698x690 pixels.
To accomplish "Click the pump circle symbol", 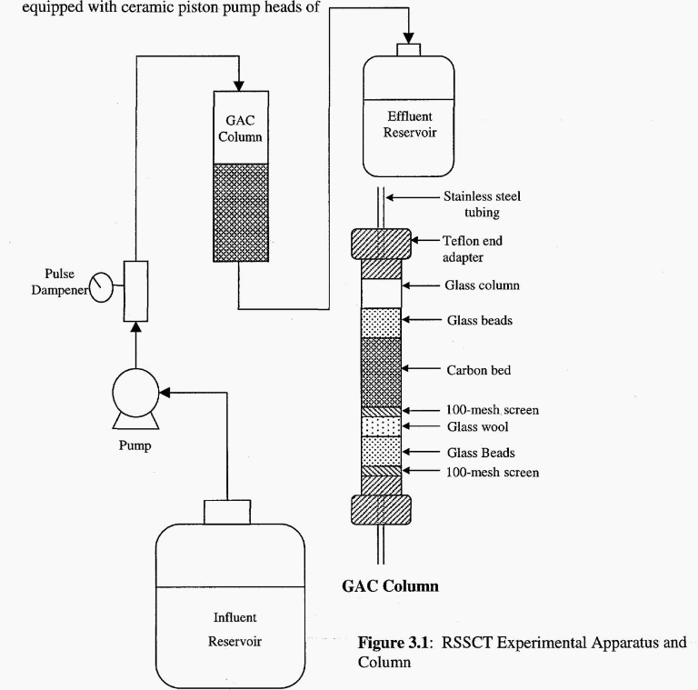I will pyautogui.click(x=135, y=394).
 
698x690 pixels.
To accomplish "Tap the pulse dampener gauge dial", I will pyautogui.click(x=103, y=289).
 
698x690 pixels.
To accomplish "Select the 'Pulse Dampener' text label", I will pyautogui.click(x=67, y=282).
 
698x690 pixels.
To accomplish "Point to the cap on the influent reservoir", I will pyautogui.click(x=227, y=512).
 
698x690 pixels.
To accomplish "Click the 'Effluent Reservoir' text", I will pyautogui.click(x=409, y=124).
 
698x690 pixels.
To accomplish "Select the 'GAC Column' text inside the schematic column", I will pyautogui.click(x=240, y=129).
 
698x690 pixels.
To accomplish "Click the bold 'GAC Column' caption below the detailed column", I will pyautogui.click(x=390, y=586).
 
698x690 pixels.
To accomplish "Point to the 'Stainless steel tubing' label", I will pyautogui.click(x=482, y=204).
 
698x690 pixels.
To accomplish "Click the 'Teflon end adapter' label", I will pyautogui.click(x=472, y=249).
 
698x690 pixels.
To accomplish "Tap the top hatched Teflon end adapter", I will pyautogui.click(x=381, y=245).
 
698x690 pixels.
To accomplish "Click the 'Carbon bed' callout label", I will pyautogui.click(x=478, y=370).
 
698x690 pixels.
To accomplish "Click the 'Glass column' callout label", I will pyautogui.click(x=482, y=285).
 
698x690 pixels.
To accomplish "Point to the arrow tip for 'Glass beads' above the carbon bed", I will pyautogui.click(x=404, y=320).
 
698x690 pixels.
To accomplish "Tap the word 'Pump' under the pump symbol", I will pyautogui.click(x=134, y=446).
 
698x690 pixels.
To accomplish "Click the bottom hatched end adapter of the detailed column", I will pyautogui.click(x=381, y=509).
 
